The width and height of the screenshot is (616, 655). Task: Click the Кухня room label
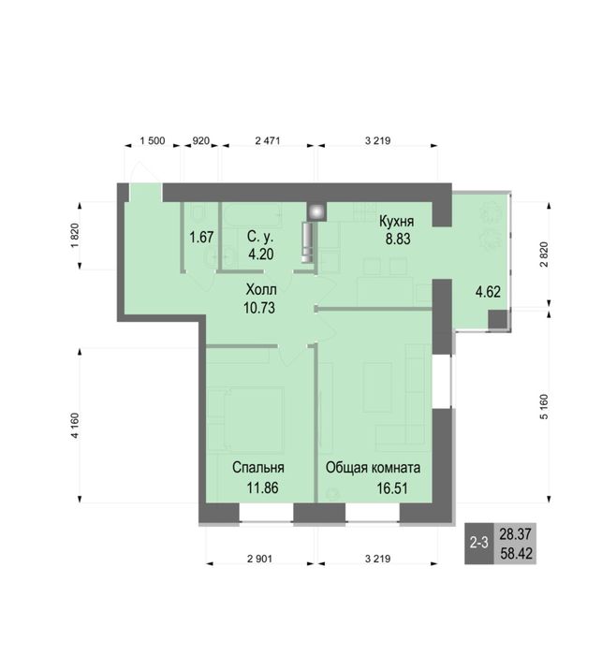point(396,222)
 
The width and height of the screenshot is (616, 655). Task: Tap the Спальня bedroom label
point(258,468)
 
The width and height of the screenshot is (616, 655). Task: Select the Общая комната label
point(374,468)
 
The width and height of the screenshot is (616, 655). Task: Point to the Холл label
point(261,289)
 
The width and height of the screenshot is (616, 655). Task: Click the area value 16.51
point(392,488)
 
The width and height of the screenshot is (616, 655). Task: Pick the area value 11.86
point(262,488)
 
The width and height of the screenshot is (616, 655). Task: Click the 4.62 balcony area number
point(488,292)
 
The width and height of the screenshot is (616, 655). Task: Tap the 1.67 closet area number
point(201,238)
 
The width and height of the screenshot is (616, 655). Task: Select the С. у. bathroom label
point(260,237)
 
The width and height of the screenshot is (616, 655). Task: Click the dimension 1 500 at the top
point(153,140)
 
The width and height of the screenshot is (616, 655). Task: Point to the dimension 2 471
point(268,140)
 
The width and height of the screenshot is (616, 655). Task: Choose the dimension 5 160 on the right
point(544,406)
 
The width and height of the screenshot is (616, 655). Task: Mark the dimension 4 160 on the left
point(75,426)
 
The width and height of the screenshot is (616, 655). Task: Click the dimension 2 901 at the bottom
point(259,559)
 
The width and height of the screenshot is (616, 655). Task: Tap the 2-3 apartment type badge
point(479,543)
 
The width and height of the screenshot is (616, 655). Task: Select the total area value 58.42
point(516,554)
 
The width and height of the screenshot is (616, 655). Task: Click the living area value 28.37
point(516,533)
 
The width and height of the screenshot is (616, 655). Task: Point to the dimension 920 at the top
point(200,140)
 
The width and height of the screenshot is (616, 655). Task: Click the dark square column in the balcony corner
point(498,320)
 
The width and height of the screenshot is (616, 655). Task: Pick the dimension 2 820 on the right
point(544,255)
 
